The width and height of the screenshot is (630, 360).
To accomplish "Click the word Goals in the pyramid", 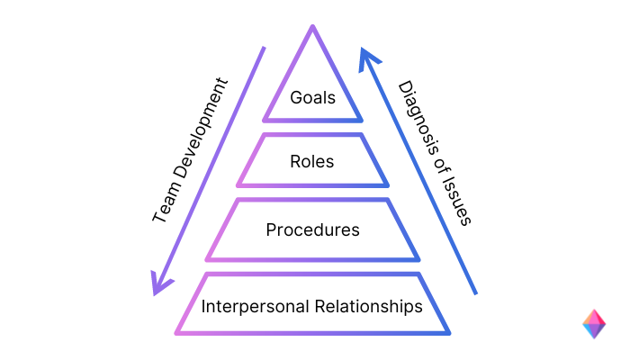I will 312,97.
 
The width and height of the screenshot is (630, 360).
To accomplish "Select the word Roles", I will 312,162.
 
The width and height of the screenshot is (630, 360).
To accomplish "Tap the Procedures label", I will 312,229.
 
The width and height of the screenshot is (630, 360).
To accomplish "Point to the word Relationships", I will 370,306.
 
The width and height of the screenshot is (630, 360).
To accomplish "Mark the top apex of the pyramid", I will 312,27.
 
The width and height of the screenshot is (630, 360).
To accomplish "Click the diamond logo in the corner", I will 594,324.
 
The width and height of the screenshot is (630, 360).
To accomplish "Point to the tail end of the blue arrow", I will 474,292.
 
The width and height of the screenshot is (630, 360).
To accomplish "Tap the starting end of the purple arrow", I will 264,47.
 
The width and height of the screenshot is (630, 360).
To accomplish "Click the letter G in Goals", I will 295,97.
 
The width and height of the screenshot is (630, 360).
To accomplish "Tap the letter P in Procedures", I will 271,229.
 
